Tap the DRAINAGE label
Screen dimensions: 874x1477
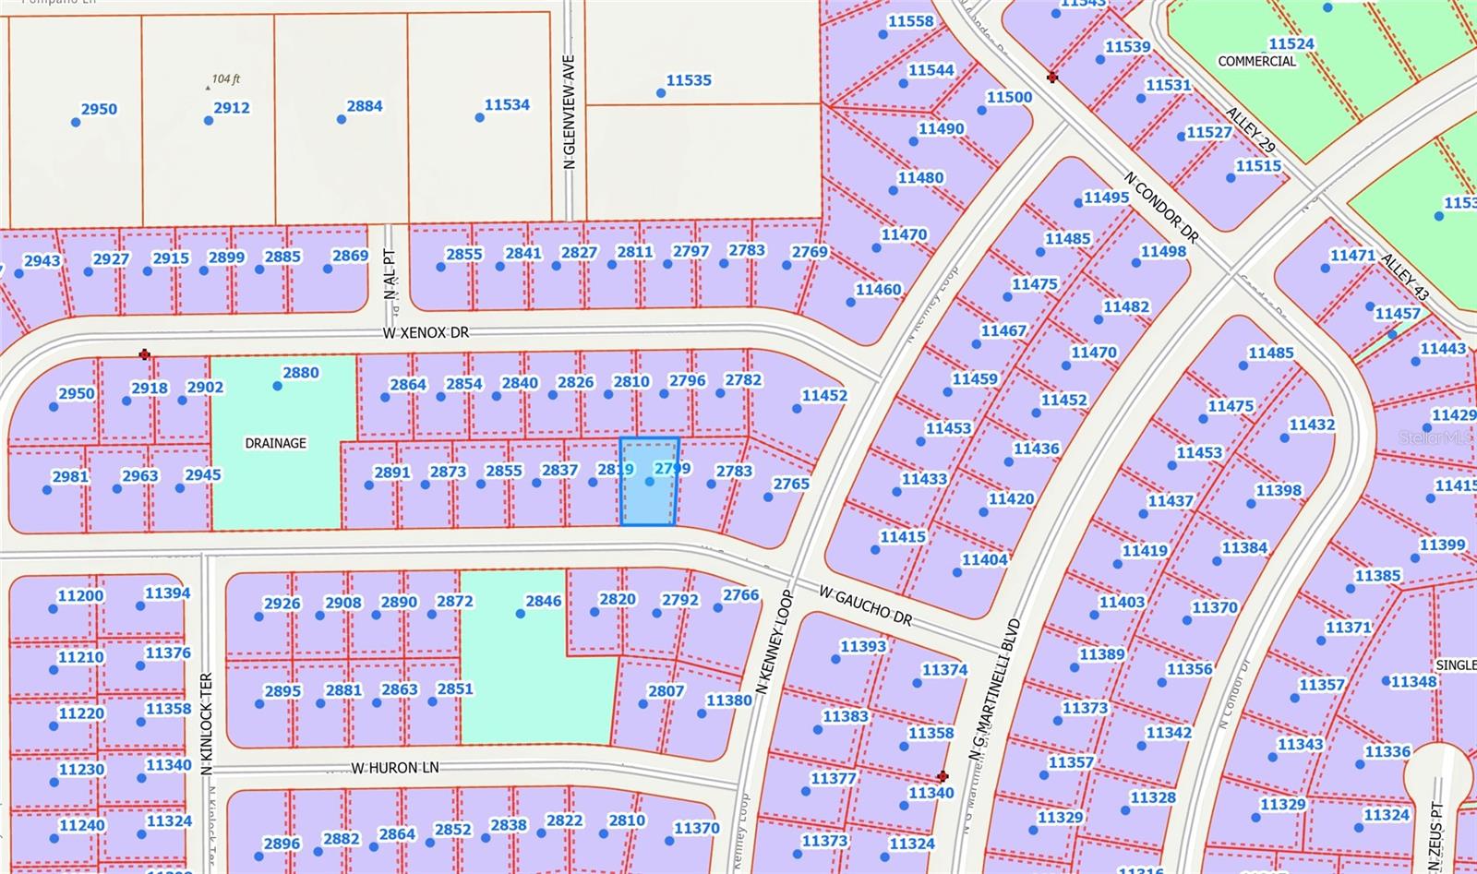(x=275, y=443)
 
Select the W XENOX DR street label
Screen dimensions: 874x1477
(x=426, y=331)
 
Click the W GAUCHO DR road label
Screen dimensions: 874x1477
(x=864, y=605)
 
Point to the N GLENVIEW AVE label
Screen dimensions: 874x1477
(x=570, y=111)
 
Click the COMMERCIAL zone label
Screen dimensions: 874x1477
(x=1256, y=61)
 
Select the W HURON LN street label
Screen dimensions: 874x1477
(x=394, y=768)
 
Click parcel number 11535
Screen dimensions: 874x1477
(x=689, y=80)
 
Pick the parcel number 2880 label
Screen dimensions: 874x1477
(x=301, y=373)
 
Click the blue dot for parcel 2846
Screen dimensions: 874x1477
(x=521, y=613)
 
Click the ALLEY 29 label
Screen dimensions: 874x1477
(x=1250, y=130)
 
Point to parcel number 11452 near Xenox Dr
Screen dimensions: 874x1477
(x=823, y=395)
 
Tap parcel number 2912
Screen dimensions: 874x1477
(x=232, y=107)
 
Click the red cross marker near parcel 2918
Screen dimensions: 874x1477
(x=144, y=354)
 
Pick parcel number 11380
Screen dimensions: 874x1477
(x=729, y=700)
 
